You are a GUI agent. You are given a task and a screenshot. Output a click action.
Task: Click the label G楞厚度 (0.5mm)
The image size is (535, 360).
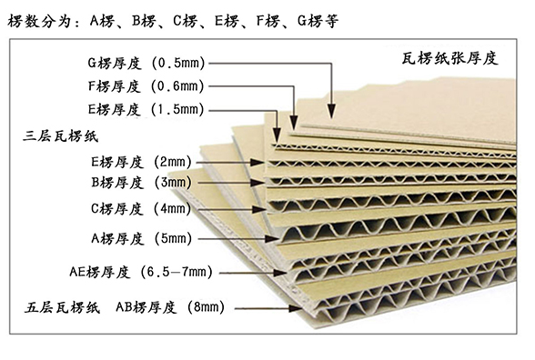[145, 64]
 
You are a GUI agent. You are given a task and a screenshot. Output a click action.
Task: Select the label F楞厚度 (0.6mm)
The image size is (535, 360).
[145, 86]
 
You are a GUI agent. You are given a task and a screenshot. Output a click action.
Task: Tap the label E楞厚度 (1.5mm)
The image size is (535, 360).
[145, 109]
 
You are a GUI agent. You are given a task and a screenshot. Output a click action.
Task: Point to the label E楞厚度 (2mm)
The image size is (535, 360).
[142, 162]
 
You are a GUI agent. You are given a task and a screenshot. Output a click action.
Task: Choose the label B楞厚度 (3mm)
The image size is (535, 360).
[142, 183]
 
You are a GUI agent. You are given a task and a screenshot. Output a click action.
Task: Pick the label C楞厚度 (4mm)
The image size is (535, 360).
[142, 210]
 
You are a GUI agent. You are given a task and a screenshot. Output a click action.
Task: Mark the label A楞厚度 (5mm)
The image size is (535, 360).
[142, 239]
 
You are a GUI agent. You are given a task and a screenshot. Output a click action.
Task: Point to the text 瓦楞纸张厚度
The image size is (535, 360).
[449, 58]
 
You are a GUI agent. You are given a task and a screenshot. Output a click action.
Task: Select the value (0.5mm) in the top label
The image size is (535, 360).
[183, 64]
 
